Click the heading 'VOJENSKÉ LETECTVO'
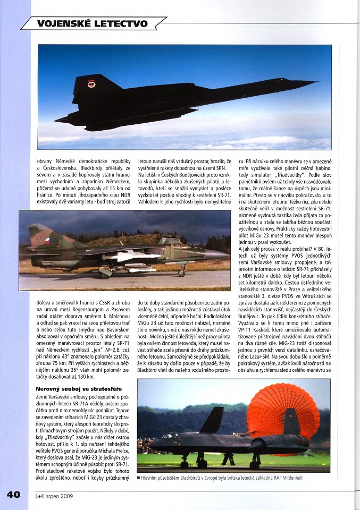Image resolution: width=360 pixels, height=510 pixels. pyautogui.click(x=92, y=23)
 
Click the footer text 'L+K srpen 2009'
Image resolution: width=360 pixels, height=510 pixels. pyautogui.click(x=54, y=496)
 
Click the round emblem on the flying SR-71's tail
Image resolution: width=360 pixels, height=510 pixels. pyautogui.click(x=91, y=84)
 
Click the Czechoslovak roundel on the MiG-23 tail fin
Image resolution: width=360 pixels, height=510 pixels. pyautogui.click(x=48, y=240)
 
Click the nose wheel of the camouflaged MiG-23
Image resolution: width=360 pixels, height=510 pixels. pyautogui.click(x=183, y=273)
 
